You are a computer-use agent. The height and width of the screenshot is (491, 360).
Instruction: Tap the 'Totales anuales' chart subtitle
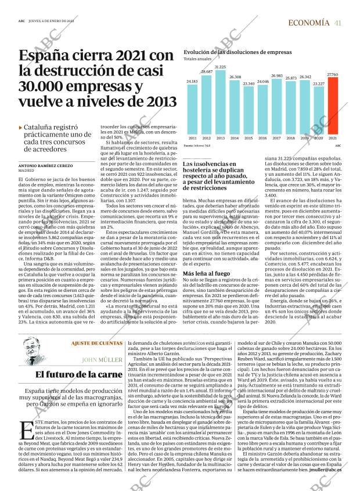point(197,60)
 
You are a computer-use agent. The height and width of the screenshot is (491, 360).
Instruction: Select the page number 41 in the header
point(337,23)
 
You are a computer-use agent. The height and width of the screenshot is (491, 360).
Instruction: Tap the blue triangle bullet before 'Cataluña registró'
point(21,127)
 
